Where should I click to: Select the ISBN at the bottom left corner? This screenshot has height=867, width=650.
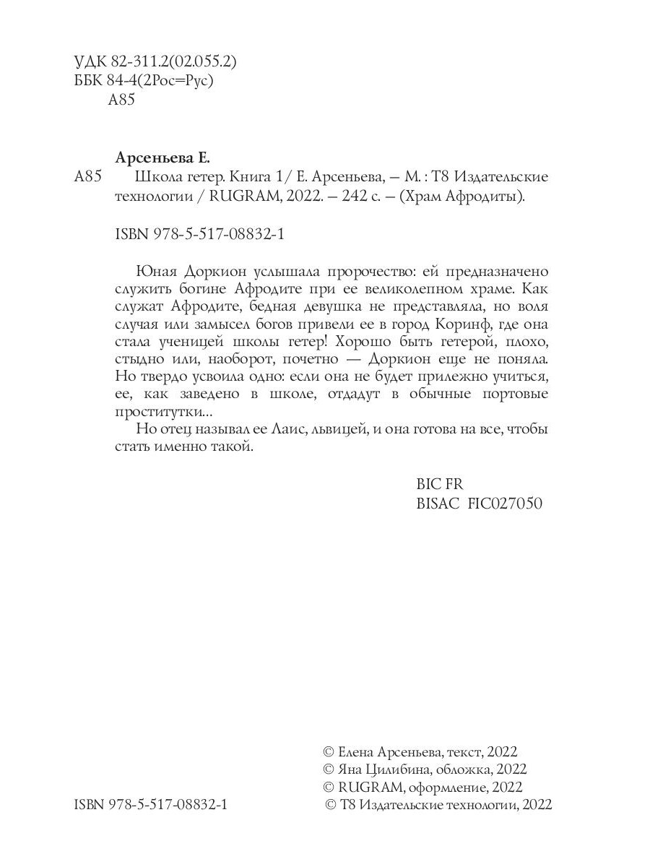151,806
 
